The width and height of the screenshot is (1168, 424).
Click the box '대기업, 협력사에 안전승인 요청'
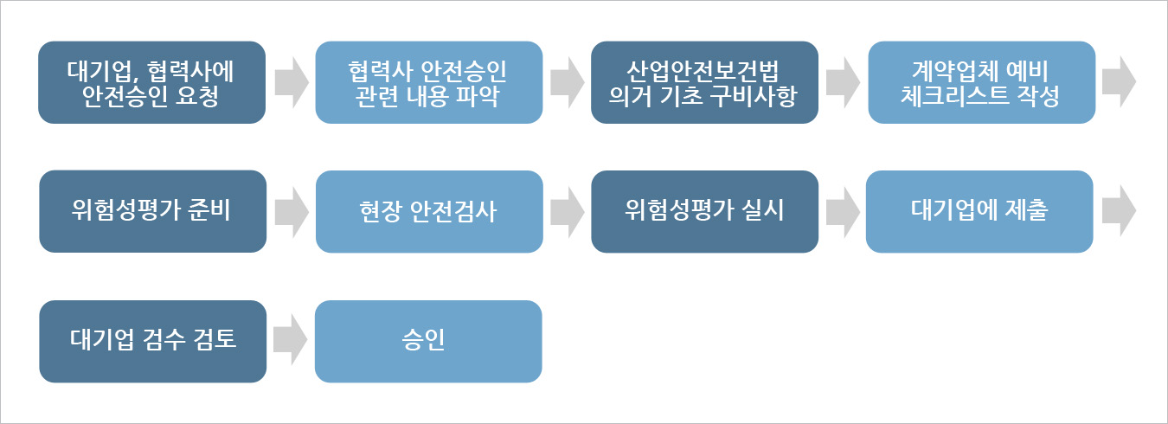tap(151, 82)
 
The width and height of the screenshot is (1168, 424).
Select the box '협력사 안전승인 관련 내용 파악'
tap(428, 82)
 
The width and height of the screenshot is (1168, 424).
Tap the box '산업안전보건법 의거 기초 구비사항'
tap(704, 82)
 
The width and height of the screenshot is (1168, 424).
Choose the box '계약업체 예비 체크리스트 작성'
tap(981, 82)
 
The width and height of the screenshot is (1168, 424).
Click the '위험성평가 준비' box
tap(151, 211)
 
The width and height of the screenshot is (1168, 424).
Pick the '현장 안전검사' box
tap(428, 211)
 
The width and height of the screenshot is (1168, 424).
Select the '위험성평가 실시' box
tap(704, 211)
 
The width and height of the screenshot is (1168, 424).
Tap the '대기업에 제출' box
tap(979, 211)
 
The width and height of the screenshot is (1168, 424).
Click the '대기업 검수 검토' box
tap(151, 340)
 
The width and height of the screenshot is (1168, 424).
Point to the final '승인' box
tap(428, 340)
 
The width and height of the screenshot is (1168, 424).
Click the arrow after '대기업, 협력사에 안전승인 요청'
tap(291, 82)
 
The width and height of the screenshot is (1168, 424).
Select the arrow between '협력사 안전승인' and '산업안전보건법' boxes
tap(567, 82)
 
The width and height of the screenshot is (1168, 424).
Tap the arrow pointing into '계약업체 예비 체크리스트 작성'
tap(843, 82)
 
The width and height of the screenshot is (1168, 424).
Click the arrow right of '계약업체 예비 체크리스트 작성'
tap(1120, 82)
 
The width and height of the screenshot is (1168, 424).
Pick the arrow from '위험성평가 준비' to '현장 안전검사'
tap(291, 211)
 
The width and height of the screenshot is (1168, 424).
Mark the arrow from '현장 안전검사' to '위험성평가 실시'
tap(567, 211)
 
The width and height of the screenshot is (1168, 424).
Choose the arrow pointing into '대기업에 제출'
tap(843, 211)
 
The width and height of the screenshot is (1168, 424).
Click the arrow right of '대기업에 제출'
tap(1120, 211)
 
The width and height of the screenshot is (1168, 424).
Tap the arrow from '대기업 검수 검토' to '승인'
tap(291, 340)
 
